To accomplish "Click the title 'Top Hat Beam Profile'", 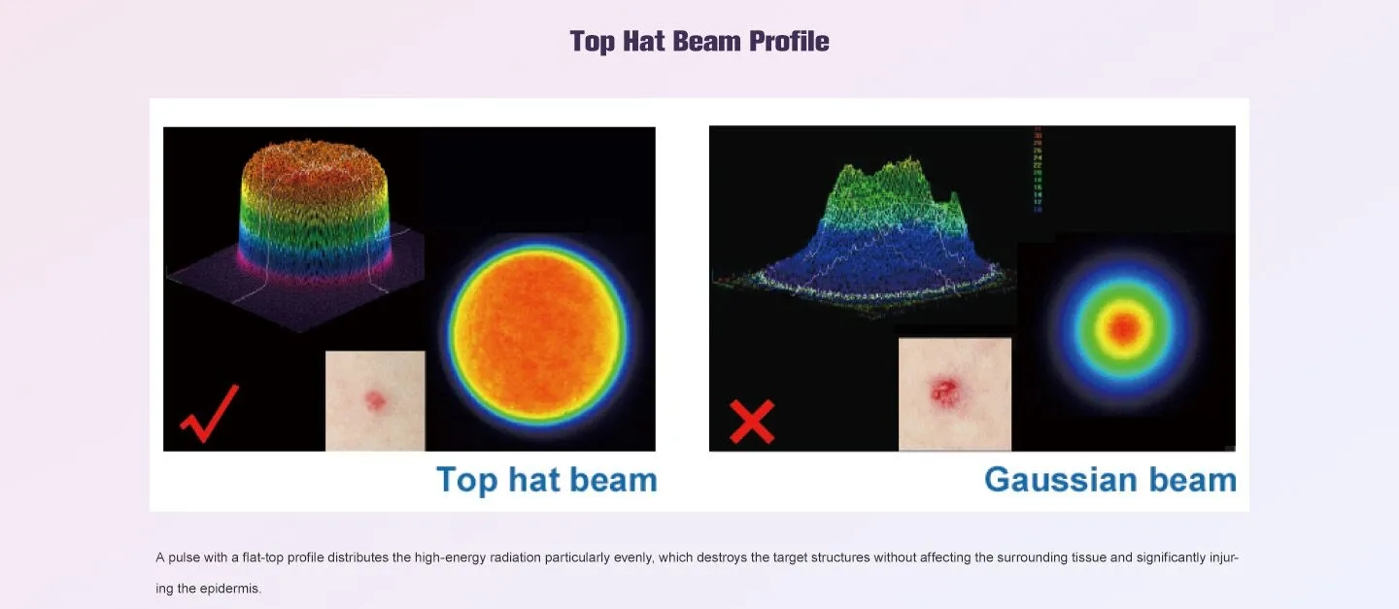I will pyautogui.click(x=699, y=41).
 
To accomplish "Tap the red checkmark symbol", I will pyautogui.click(x=209, y=413).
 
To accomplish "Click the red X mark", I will pyautogui.click(x=752, y=421).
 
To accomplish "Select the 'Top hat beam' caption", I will pyautogui.click(x=546, y=480).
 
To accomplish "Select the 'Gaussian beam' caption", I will pyautogui.click(x=1109, y=480).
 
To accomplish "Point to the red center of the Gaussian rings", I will pyautogui.click(x=1124, y=328).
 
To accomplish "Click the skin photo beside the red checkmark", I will pyautogui.click(x=375, y=400).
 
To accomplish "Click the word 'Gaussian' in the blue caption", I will pyautogui.click(x=1060, y=480).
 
